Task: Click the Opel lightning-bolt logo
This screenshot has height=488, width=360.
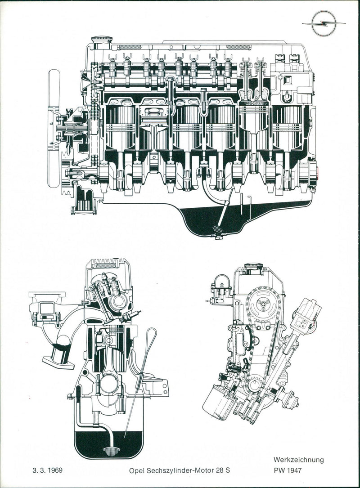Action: coord(324,23)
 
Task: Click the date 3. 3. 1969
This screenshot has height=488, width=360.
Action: coord(48,470)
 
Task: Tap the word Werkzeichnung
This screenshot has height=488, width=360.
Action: coord(299,460)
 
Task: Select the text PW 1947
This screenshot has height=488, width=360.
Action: coord(288,470)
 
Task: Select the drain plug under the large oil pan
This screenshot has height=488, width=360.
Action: coord(219,238)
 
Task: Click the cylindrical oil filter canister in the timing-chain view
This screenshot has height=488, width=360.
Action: coord(218,402)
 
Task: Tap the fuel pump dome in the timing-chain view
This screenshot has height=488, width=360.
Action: coord(220,281)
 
